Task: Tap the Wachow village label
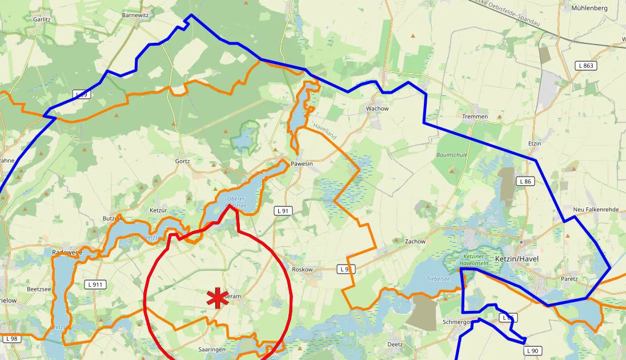pyautogui.click(x=377, y=109)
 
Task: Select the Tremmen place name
pyautogui.click(x=475, y=117)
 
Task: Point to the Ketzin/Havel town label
pyautogui.click(x=516, y=259)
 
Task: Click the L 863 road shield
pyautogui.click(x=586, y=66)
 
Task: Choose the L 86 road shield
pyautogui.click(x=525, y=181)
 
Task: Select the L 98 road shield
pyautogui.click(x=11, y=339)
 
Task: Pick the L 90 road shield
pyautogui.click(x=532, y=350)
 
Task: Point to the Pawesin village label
pyautogui.click(x=302, y=163)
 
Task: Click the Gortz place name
pyautogui.click(x=182, y=161)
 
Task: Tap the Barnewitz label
pyautogui.click(x=135, y=15)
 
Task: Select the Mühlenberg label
pyautogui.click(x=589, y=9)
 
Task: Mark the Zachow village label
pyautogui.click(x=415, y=241)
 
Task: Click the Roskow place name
pyautogui.click(x=302, y=269)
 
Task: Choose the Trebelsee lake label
pyautogui.click(x=438, y=279)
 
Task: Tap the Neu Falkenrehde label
pyautogui.click(x=596, y=210)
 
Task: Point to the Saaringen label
pyautogui.click(x=212, y=349)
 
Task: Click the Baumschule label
pyautogui.click(x=452, y=155)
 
